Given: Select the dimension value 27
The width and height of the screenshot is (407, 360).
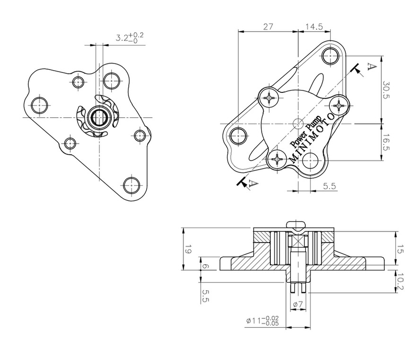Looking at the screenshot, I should coord(268,27).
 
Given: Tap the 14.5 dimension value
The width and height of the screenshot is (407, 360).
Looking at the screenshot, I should coord(314,27).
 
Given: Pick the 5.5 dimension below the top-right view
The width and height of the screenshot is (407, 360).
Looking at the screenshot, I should coord(329,186).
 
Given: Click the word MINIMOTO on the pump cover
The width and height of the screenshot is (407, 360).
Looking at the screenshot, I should coord(312,138).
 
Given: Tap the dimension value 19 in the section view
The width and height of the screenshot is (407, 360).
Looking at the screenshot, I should coord(188,249).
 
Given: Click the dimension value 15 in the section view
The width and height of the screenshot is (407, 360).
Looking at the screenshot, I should coord(400,249).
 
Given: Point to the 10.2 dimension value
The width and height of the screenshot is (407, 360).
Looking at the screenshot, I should coord(400,281).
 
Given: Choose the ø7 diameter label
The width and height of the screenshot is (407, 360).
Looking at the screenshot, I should coord(298,304).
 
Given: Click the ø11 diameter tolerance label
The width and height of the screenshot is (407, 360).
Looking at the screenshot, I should coord(262,321).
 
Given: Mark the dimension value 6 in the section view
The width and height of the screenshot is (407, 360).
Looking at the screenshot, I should coord(205,267).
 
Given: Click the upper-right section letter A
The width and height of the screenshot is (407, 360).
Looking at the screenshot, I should coord(372,67).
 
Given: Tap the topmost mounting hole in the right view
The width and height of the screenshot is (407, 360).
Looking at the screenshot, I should coord(329,55).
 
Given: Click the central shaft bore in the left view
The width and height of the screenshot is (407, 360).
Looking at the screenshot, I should coord(98,117).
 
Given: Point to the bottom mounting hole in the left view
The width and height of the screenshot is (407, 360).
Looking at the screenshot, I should coord(131,185).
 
